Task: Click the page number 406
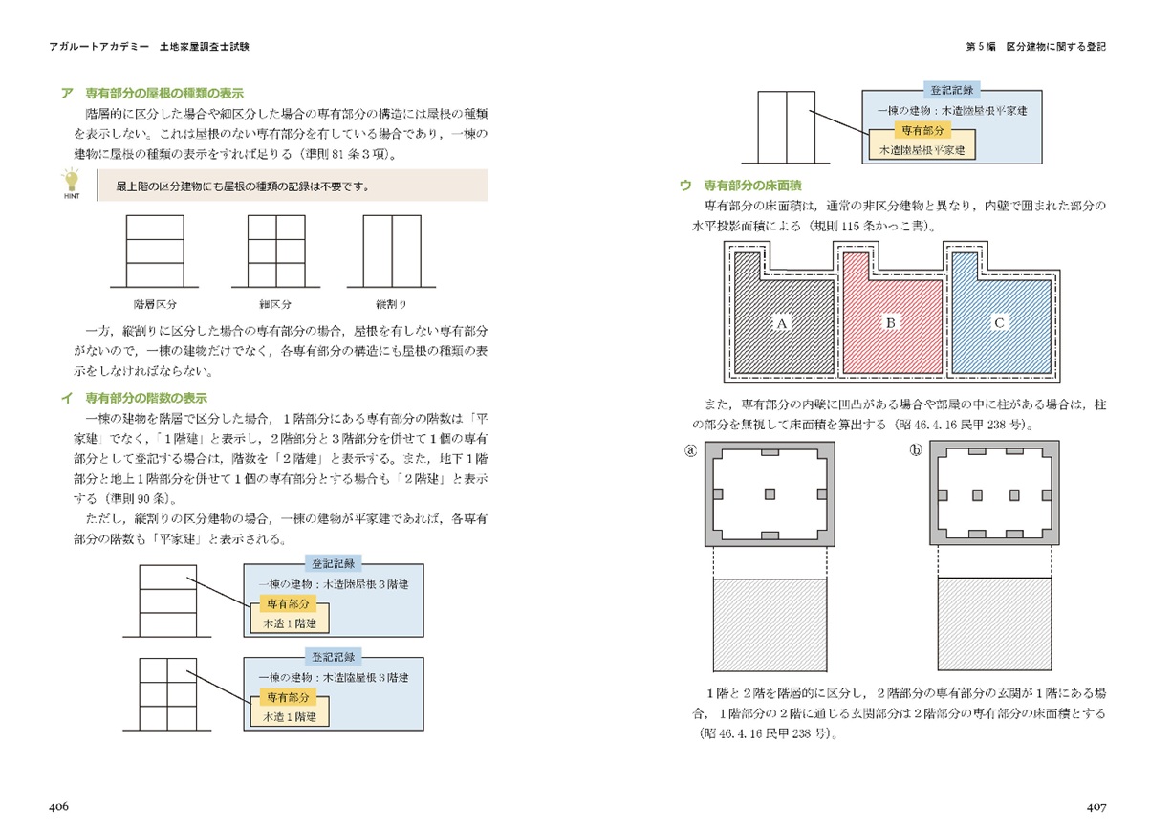coord(58,806)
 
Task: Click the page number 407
coord(1096,807)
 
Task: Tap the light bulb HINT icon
coord(72,184)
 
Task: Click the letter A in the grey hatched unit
coord(782,323)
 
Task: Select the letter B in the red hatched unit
coord(891,322)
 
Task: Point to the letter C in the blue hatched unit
coord(999,322)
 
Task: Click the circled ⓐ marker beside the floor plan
coord(691,450)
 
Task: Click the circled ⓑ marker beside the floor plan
coord(916,450)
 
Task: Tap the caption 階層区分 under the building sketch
coord(155,304)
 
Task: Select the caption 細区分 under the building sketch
coord(275,304)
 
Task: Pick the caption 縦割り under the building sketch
coord(391,304)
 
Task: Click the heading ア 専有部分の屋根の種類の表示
coord(152,93)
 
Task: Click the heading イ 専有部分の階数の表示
coord(134,398)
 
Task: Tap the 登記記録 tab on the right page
coord(952,91)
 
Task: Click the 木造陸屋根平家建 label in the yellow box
coord(922,150)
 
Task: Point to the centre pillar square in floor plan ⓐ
coord(770,493)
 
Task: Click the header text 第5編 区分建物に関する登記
coord(1036,46)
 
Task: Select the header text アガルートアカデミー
coord(99,46)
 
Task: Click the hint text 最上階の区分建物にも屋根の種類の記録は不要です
coord(242,186)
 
